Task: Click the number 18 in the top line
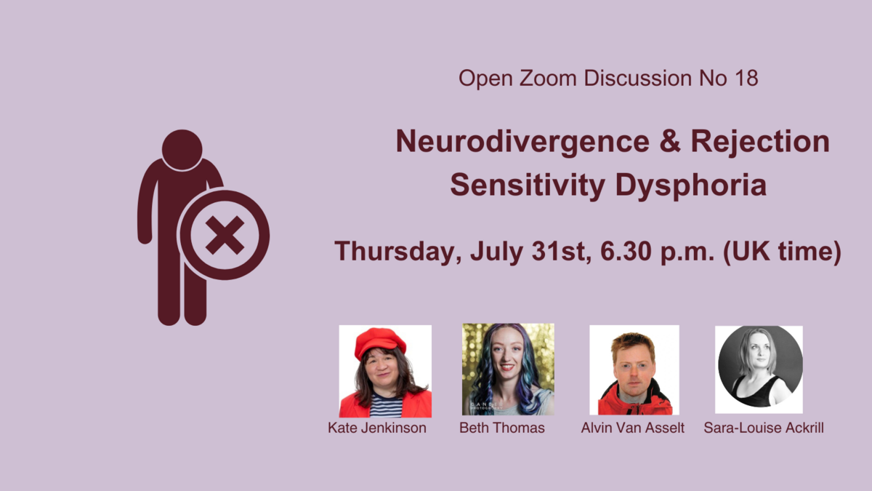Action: tap(746, 78)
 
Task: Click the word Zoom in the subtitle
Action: tap(547, 78)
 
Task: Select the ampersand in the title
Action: tap(670, 140)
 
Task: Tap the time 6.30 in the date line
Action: tap(626, 251)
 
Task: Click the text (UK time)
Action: tap(782, 252)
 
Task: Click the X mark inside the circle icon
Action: tap(225, 236)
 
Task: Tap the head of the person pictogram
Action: tap(182, 150)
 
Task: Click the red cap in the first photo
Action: tap(379, 343)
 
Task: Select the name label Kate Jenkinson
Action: tap(377, 428)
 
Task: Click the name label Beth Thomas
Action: tap(502, 428)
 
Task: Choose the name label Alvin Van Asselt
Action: tap(633, 428)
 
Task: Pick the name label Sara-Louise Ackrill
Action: tap(764, 428)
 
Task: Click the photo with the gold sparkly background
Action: tap(508, 369)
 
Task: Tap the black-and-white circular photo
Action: tap(759, 370)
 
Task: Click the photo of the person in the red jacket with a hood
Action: tap(634, 370)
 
